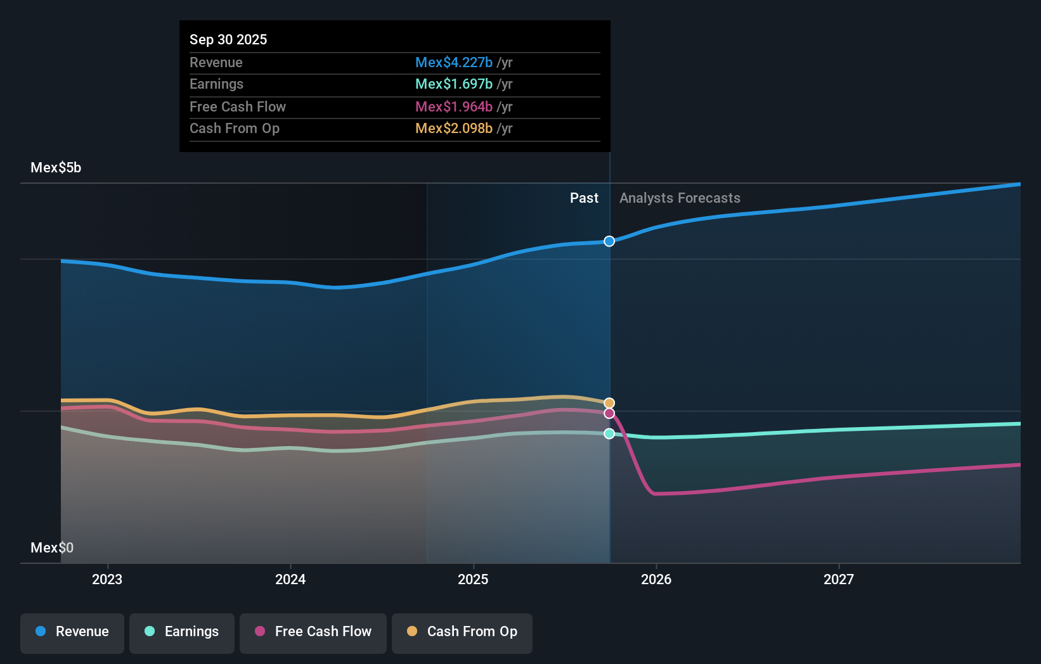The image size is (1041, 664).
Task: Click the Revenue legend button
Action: (x=72, y=632)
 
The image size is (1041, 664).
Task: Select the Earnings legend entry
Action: (x=182, y=632)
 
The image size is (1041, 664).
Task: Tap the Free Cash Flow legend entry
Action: (x=313, y=632)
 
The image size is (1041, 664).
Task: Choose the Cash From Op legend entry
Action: (x=462, y=632)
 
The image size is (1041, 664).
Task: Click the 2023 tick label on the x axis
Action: (x=107, y=579)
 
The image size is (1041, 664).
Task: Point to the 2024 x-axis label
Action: (x=290, y=579)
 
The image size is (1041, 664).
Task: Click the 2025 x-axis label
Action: (x=473, y=579)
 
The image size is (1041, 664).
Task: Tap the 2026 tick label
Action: (x=656, y=579)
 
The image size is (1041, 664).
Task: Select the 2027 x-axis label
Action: (x=839, y=579)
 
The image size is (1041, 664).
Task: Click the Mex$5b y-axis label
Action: (x=56, y=168)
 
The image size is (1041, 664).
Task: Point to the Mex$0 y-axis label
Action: (x=52, y=547)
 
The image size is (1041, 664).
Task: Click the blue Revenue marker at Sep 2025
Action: (x=609, y=241)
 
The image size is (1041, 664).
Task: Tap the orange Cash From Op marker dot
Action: (x=609, y=403)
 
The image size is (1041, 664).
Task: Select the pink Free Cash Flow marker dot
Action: (x=609, y=413)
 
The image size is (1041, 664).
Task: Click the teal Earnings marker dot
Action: (x=609, y=433)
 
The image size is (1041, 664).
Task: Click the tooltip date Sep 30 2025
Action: (x=228, y=39)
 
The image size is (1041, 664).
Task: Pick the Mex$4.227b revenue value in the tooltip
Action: (x=454, y=62)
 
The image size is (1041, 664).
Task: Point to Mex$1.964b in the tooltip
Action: (x=454, y=106)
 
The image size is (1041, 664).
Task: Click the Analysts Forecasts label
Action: (x=680, y=198)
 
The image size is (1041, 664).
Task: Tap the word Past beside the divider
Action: (x=584, y=198)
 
